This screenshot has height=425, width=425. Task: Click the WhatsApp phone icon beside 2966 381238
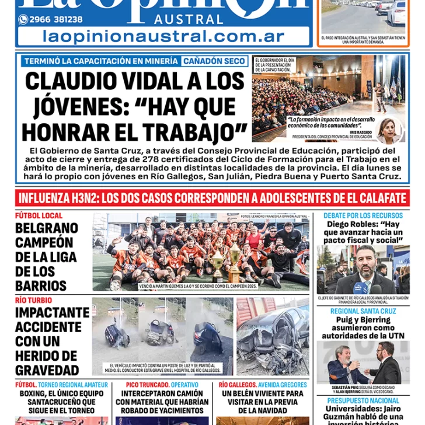(23, 19)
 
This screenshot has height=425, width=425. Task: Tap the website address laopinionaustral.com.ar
(163, 37)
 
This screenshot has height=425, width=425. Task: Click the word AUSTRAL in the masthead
(189, 19)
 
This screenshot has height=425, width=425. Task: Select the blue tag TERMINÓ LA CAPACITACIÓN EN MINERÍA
(100, 61)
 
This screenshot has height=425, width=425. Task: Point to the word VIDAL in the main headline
(154, 81)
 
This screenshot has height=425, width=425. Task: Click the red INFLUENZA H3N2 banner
(212, 197)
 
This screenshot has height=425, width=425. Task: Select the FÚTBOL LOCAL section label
(39, 216)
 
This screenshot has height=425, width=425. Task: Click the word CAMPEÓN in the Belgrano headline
(44, 242)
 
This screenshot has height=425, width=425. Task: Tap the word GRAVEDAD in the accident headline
(47, 370)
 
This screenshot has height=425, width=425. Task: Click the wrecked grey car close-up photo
(272, 336)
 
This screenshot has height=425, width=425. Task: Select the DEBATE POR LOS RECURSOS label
(363, 215)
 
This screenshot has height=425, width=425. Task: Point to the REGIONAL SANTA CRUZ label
(363, 311)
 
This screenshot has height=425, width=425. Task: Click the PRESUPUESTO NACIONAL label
(363, 401)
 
